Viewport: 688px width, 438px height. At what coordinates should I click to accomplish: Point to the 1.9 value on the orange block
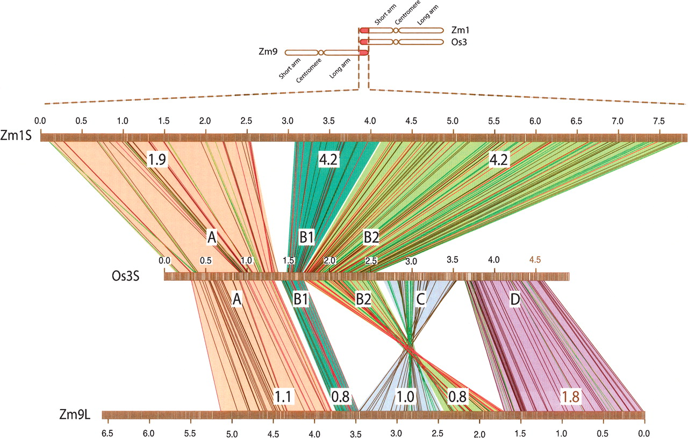(x=156, y=158)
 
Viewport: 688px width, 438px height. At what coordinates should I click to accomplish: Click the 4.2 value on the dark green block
(x=329, y=158)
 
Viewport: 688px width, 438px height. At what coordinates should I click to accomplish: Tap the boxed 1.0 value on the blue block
(x=406, y=396)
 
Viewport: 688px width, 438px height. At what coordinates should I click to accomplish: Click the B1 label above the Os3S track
(x=306, y=237)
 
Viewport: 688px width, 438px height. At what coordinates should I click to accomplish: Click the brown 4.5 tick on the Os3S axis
(x=535, y=260)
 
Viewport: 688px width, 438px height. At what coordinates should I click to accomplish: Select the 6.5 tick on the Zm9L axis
(x=107, y=432)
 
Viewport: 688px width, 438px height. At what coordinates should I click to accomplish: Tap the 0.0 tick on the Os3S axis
(x=164, y=260)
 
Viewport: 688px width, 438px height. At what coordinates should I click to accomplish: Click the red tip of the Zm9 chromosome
(x=364, y=53)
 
